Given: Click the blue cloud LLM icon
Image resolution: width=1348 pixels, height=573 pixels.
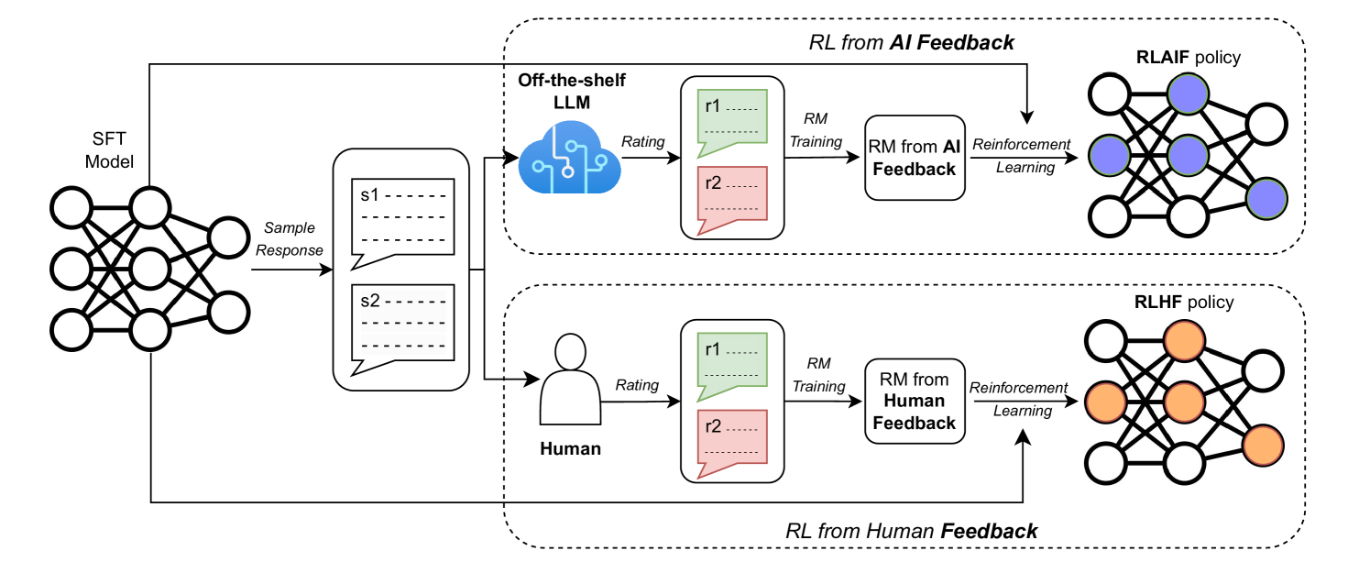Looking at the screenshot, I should tap(568, 160).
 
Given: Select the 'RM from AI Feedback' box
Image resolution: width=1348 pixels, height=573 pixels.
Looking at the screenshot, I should tap(915, 157).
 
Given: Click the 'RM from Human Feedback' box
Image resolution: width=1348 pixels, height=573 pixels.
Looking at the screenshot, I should tap(914, 401).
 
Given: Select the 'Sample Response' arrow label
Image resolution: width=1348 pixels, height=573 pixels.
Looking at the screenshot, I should tap(290, 238).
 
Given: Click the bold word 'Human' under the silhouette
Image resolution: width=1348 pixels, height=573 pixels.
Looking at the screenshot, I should tap(570, 449).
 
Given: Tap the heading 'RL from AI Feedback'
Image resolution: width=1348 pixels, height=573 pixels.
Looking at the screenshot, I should tap(911, 41).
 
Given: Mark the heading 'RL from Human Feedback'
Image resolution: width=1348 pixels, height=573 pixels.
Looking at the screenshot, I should tap(911, 531).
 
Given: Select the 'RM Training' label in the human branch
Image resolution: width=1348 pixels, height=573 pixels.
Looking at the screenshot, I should tap(818, 376).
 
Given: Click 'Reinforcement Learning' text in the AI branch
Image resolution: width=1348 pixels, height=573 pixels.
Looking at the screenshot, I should tap(1021, 156).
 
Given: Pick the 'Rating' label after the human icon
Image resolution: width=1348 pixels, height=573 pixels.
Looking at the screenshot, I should tap(637, 385).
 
